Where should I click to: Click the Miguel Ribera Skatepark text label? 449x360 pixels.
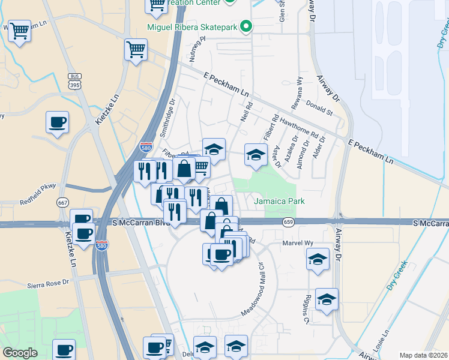(x=192, y=27)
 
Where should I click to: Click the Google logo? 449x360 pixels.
(x=20, y=353)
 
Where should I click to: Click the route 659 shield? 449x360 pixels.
(x=289, y=223)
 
